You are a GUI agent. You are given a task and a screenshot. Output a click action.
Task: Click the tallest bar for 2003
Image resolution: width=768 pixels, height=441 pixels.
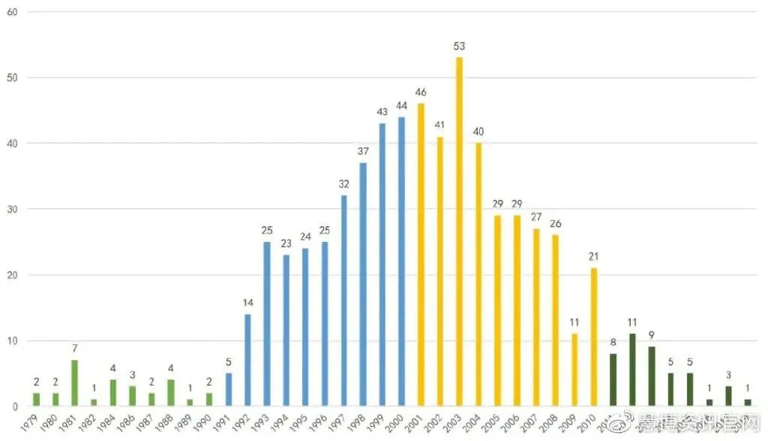coord(459,232)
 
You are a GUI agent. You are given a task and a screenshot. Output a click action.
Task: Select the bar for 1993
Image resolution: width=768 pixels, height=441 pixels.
coord(267,324)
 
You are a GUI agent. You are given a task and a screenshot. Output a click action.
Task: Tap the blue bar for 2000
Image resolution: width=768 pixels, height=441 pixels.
coord(401,262)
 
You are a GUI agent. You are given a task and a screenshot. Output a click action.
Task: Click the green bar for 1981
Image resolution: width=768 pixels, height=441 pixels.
coord(75,383)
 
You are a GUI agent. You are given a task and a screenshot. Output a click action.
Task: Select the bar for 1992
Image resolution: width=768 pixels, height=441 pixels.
coord(248,360)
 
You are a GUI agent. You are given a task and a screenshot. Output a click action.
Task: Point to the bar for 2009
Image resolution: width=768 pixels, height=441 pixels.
coord(574,370)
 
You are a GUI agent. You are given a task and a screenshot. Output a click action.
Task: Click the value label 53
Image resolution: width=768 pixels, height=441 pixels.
coord(459,46)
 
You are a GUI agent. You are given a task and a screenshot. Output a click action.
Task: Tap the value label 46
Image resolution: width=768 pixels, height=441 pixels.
coord(421,93)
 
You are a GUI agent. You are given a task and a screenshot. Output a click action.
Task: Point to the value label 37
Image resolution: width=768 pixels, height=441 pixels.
coord(363,152)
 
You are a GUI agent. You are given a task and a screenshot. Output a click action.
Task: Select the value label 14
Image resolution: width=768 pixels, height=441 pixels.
coord(248,303)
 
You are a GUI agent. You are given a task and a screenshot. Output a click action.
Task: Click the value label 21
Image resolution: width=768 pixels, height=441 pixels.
coord(593,257)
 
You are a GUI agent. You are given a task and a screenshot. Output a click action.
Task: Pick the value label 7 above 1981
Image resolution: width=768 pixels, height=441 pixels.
coord(75,349)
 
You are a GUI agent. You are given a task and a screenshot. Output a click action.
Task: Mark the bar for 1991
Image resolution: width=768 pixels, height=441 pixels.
coord(229,390)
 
